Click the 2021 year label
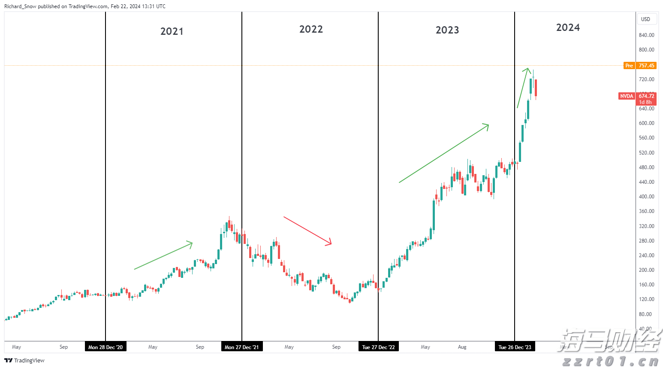(x=172, y=31)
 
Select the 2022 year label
(x=311, y=29)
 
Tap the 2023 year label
(x=447, y=30)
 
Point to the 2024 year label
(x=568, y=27)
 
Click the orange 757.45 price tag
(x=646, y=66)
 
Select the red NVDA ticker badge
(x=627, y=96)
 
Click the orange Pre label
(x=629, y=66)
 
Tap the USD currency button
(x=645, y=19)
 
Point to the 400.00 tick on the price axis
(x=646, y=197)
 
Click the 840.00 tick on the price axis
(x=646, y=35)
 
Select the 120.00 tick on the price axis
(x=646, y=299)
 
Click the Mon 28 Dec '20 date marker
(x=105, y=347)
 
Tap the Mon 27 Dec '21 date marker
(x=242, y=347)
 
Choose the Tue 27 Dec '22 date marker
(x=378, y=347)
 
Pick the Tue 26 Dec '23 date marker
(x=515, y=347)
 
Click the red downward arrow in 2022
(x=307, y=231)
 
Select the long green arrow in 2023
(x=444, y=153)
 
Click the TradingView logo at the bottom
(x=24, y=360)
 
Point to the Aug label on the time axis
(x=462, y=347)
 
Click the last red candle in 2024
(x=536, y=88)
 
